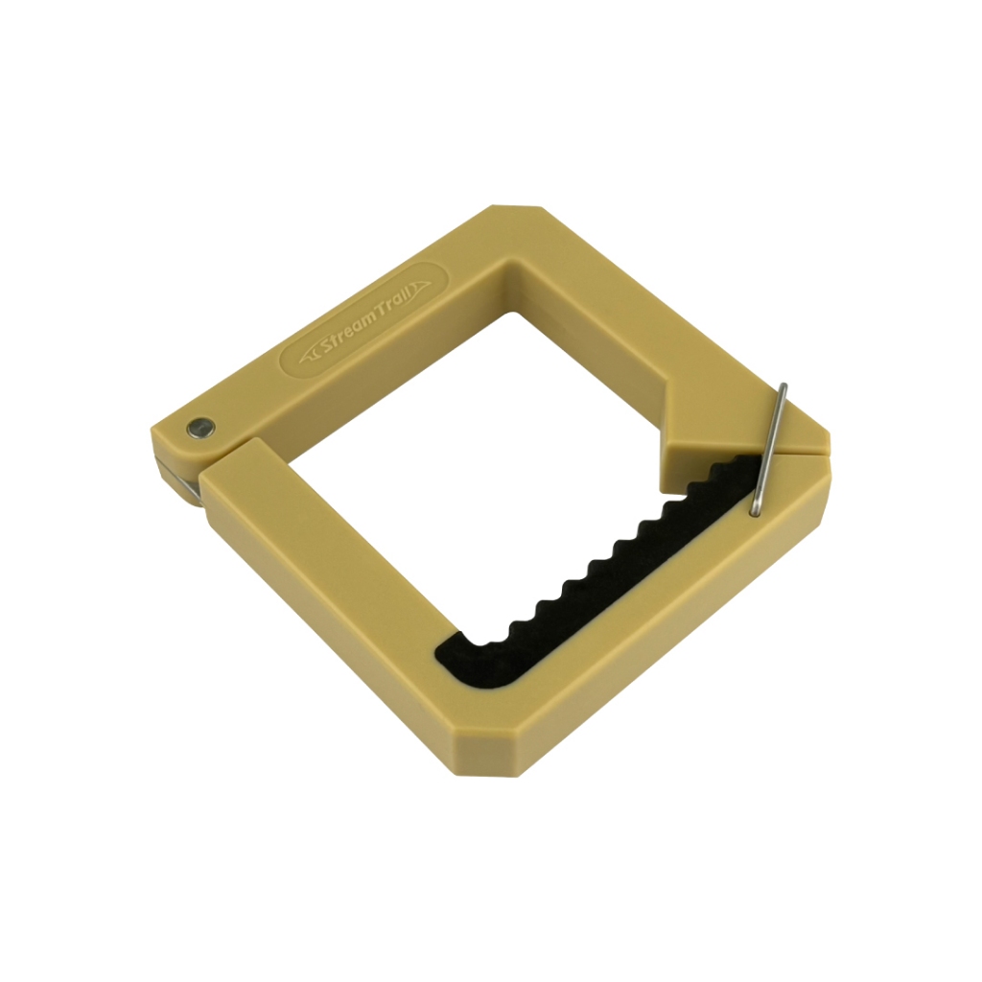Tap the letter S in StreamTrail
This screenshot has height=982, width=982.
pos(329,346)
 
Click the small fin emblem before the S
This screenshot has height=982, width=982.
pos(310,358)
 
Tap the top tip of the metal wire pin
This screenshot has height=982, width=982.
pos(783,386)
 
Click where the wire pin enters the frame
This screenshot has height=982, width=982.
pos(757,512)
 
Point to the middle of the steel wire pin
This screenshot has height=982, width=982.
pos(770,450)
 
